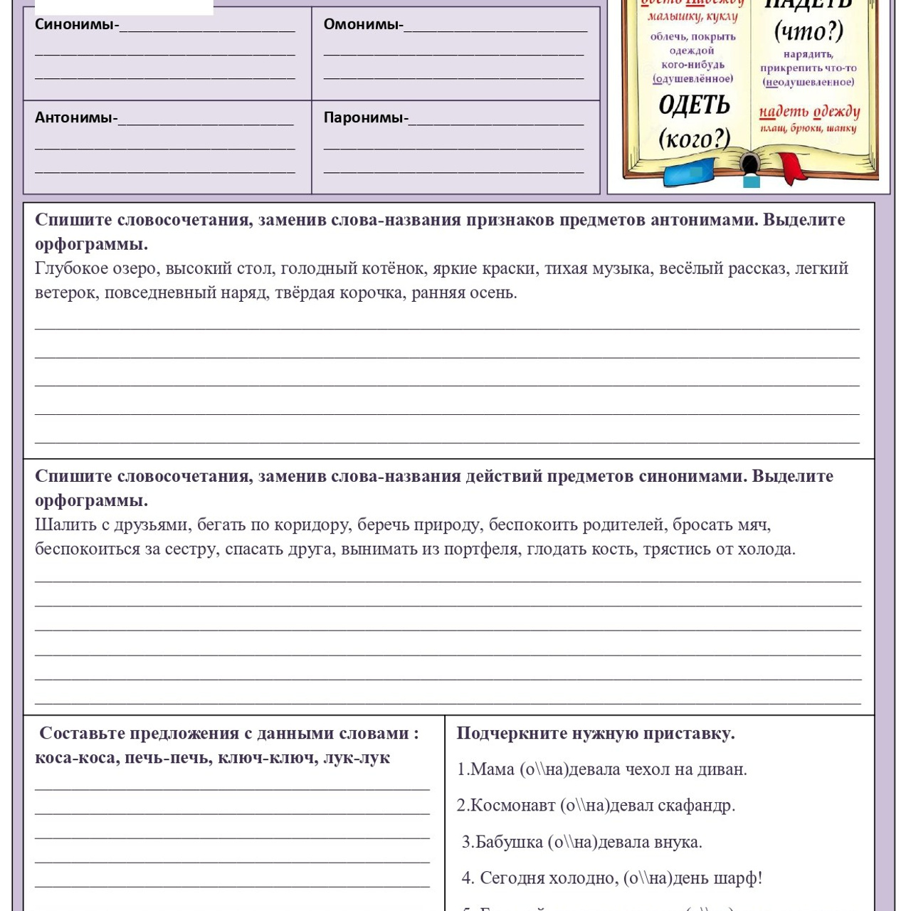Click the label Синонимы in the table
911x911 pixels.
point(75,24)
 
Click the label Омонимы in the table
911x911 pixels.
point(362,24)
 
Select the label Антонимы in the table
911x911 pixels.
point(75,117)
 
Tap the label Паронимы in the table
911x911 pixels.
point(364,117)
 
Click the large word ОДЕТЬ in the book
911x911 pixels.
point(694,105)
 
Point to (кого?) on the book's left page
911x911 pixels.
point(694,137)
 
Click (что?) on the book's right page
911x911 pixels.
point(809,31)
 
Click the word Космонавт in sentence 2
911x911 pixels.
point(512,806)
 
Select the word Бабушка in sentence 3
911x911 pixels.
point(509,842)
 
